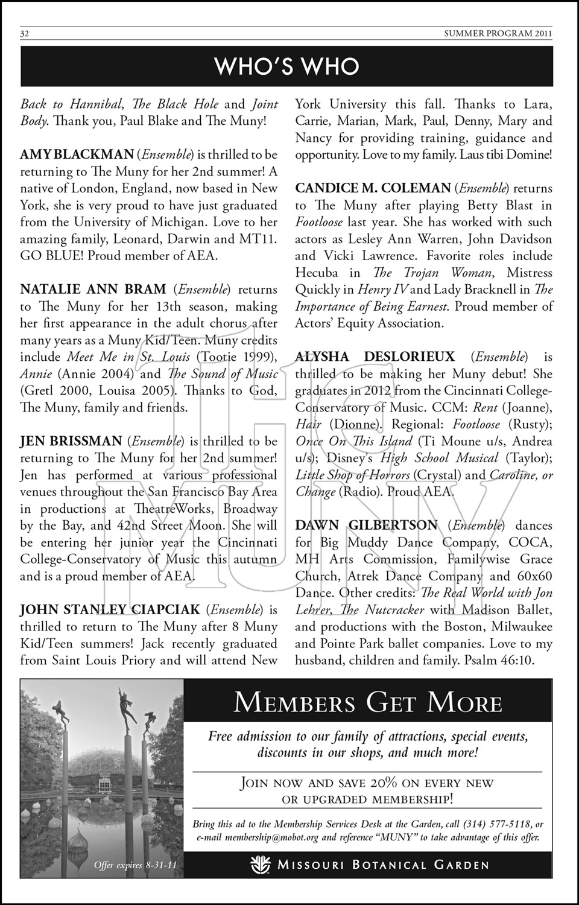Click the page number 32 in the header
coord(25,34)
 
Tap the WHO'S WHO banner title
coord(287,66)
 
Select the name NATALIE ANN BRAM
coord(92,290)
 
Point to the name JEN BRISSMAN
coord(71,442)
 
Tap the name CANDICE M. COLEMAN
coord(373,189)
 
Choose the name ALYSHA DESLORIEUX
coord(375,357)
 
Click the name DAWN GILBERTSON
coord(366,526)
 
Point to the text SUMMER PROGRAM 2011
coord(498,34)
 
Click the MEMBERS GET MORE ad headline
coord(368,703)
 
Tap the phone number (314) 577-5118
coord(499,824)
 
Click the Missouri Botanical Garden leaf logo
coord(261,864)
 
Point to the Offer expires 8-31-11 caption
coord(136,865)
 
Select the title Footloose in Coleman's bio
coord(319,222)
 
